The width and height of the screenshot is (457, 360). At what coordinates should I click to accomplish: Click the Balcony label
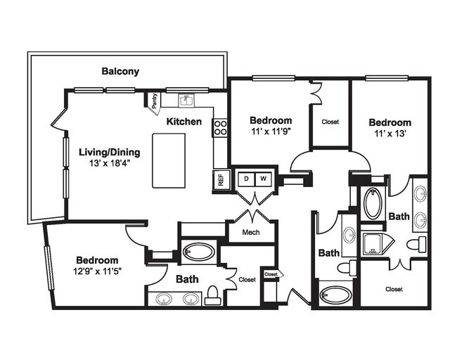coord(120,71)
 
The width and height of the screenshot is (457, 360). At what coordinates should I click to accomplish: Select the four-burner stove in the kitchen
coord(220,127)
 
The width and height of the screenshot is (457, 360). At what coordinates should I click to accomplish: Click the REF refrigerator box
coord(220,180)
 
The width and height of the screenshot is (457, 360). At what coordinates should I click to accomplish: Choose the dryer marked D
coord(247,179)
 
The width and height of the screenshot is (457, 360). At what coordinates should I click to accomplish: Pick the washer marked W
coord(264,179)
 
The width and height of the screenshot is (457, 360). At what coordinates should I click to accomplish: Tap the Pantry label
coord(154,101)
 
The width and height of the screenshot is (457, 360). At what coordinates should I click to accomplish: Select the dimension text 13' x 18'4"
coord(109,165)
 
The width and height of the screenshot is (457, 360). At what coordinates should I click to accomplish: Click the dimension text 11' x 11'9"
coord(271,131)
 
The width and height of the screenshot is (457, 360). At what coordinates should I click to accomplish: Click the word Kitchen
coord(184,122)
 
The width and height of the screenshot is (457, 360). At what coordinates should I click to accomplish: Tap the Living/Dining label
coord(109,152)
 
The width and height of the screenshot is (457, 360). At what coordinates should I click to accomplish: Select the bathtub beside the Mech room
coord(200,252)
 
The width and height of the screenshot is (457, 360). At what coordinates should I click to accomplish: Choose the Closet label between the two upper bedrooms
coord(330,122)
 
